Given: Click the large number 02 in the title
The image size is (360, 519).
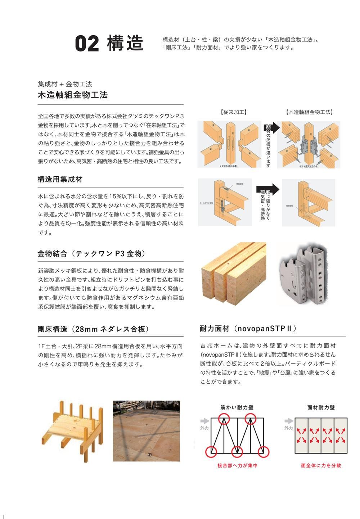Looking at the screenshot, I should click(x=87, y=44).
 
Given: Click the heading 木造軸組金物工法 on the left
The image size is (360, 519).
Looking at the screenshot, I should click(x=73, y=95).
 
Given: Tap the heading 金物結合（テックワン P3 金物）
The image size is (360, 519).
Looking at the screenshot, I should click(x=93, y=254).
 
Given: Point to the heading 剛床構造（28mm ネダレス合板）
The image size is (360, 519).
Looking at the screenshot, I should click(x=93, y=329).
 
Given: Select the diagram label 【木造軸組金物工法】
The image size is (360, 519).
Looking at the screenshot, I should click(x=309, y=112).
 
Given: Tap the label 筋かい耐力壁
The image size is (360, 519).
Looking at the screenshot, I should click(x=237, y=407).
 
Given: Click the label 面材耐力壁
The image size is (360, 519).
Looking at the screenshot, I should click(x=321, y=407).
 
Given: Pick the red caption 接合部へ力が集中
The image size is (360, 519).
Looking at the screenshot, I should click(x=237, y=465).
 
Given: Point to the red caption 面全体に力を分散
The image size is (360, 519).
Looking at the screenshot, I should click(x=321, y=465).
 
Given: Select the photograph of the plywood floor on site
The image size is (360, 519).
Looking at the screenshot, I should click(x=146, y=431).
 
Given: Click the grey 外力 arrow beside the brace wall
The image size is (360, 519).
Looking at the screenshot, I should click(x=204, y=421).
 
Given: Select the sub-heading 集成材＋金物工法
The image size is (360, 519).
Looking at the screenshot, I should click(x=65, y=84).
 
